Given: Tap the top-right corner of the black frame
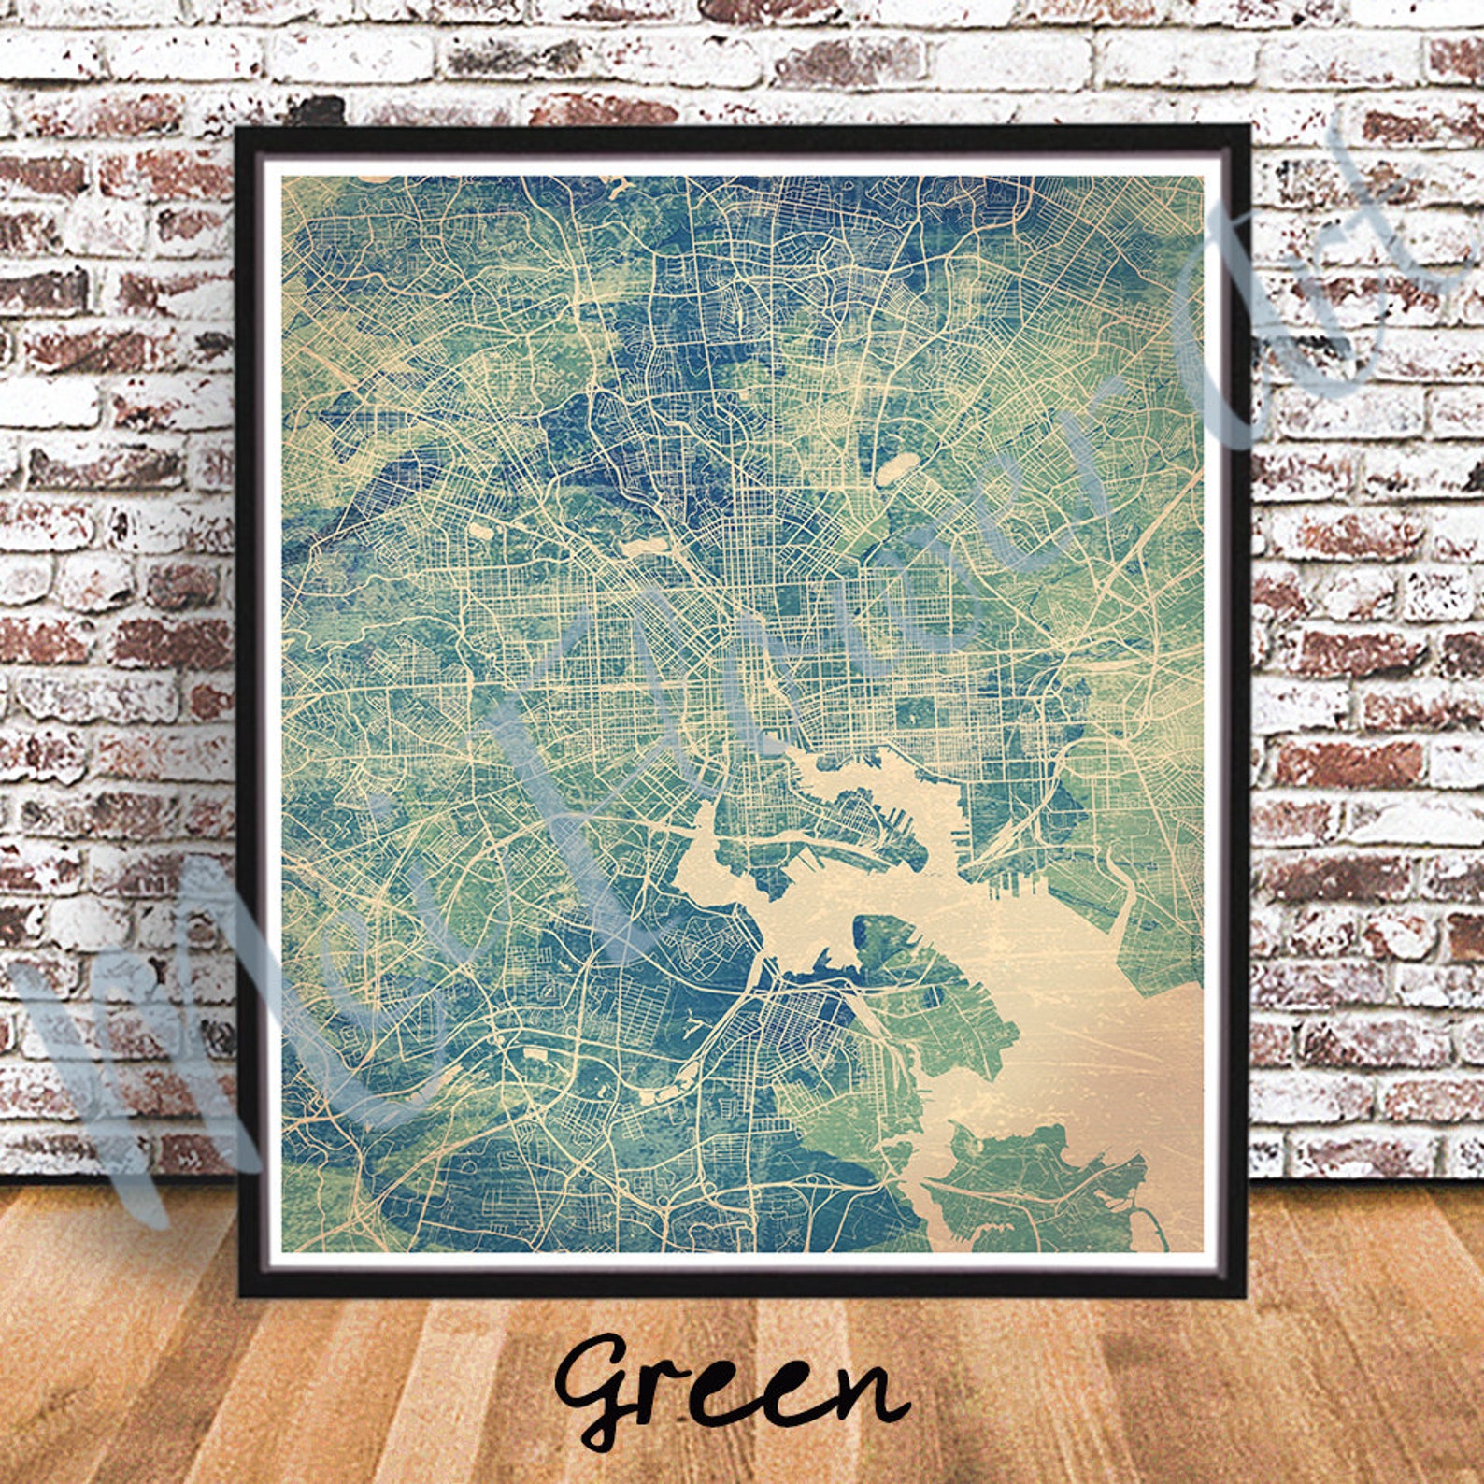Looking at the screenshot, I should (1248, 127).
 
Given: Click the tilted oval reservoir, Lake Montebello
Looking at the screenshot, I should (896, 464).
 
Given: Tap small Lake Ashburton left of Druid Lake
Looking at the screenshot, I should (480, 531).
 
